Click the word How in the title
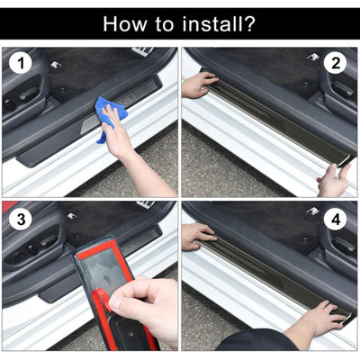[127, 23]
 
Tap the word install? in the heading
[217, 23]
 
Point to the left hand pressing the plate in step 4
[197, 236]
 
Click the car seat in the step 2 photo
[337, 99]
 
